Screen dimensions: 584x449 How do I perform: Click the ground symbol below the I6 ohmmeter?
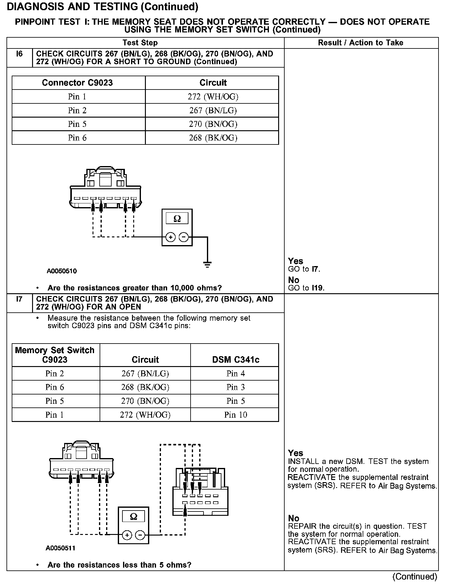pos(207,264)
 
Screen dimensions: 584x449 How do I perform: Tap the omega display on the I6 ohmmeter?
pos(177,219)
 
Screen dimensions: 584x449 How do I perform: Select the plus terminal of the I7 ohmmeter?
pos(127,535)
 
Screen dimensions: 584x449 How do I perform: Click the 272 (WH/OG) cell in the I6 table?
pos(213,97)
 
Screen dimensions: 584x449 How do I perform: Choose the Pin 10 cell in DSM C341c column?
pos(236,415)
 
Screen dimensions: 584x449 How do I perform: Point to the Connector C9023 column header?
pos(77,83)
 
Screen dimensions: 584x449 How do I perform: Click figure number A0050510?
pos(62,271)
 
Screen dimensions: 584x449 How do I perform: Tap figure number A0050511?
pos(60,548)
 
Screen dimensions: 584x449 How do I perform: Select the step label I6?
pos(19,54)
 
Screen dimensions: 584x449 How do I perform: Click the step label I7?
pos(19,299)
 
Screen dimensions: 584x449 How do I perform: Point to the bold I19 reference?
pos(318,288)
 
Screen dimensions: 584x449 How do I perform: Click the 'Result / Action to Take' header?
pos(360,43)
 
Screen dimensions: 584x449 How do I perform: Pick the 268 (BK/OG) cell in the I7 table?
pos(145,387)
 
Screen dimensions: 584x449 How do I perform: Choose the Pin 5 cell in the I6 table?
pos(77,124)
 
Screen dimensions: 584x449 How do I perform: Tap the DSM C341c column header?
pos(236,360)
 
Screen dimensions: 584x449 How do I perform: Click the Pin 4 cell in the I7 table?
pos(236,373)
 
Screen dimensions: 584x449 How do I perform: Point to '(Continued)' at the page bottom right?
pos(414,576)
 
